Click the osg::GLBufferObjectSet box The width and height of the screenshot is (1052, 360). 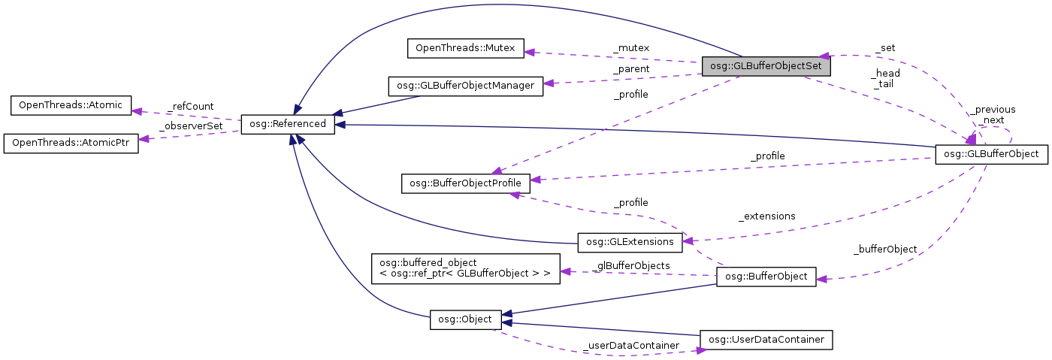click(x=766, y=66)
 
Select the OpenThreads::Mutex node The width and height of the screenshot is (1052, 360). click(x=465, y=49)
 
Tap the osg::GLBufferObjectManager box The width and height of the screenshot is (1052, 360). click(x=464, y=86)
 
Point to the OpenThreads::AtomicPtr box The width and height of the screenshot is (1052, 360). click(x=71, y=144)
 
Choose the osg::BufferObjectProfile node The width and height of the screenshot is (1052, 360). click(x=466, y=182)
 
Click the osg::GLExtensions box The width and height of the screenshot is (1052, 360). click(x=630, y=242)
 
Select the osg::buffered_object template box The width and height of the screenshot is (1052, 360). click(x=466, y=268)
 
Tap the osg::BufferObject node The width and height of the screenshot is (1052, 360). click(x=766, y=277)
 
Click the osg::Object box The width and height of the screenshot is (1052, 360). click(x=465, y=319)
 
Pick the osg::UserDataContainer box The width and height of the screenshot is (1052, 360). click(x=766, y=340)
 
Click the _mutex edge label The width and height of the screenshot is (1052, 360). click(x=631, y=48)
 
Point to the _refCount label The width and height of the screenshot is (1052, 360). click(x=192, y=107)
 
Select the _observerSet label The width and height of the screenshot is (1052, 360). click(x=191, y=126)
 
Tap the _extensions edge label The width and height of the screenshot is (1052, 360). click(x=766, y=216)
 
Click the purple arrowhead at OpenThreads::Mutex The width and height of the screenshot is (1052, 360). click(x=529, y=52)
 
